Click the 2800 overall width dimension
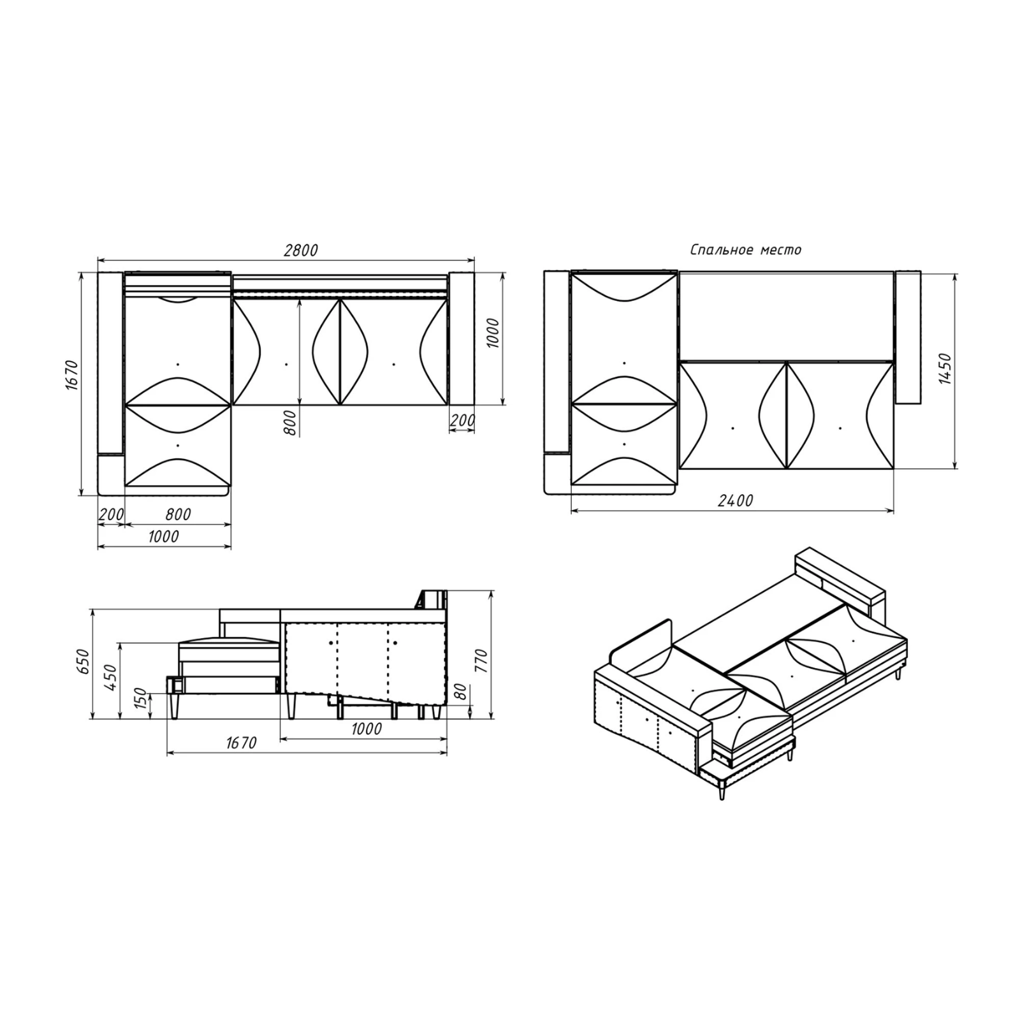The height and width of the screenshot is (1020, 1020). click(300, 251)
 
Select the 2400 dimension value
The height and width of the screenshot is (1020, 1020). click(735, 501)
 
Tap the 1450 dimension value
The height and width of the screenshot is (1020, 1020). click(945, 369)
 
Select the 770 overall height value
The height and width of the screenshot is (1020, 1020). click(481, 661)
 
